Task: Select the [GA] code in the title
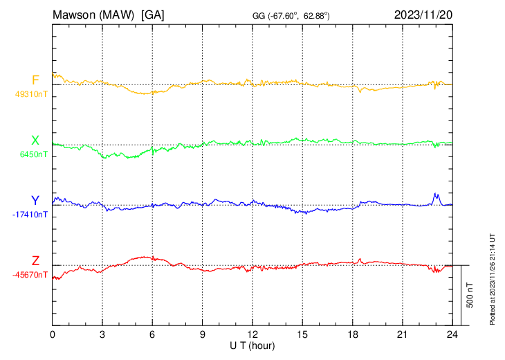[x=152, y=15]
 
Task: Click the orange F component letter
[x=35, y=80]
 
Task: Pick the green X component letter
[x=35, y=141]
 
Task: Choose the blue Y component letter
[x=35, y=201]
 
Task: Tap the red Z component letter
[x=35, y=260]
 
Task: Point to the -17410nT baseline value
[x=30, y=215]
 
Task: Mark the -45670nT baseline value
[x=30, y=275]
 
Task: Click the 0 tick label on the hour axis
[x=53, y=334]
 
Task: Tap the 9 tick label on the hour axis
[x=203, y=334]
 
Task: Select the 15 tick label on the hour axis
[x=302, y=334]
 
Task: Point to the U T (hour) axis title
[x=252, y=345]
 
